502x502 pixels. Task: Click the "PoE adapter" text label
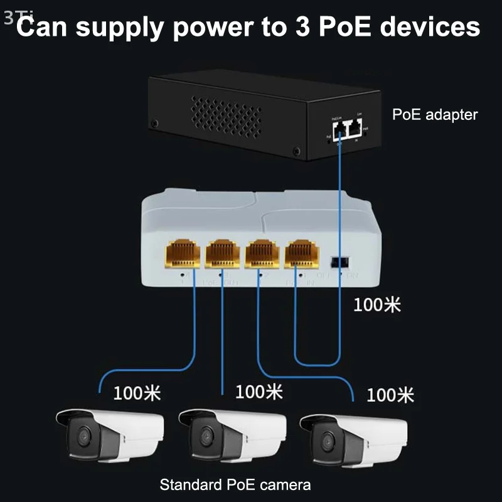click(x=434, y=115)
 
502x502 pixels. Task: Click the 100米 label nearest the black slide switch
click(x=376, y=305)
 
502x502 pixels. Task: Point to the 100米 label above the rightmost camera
click(x=390, y=395)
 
